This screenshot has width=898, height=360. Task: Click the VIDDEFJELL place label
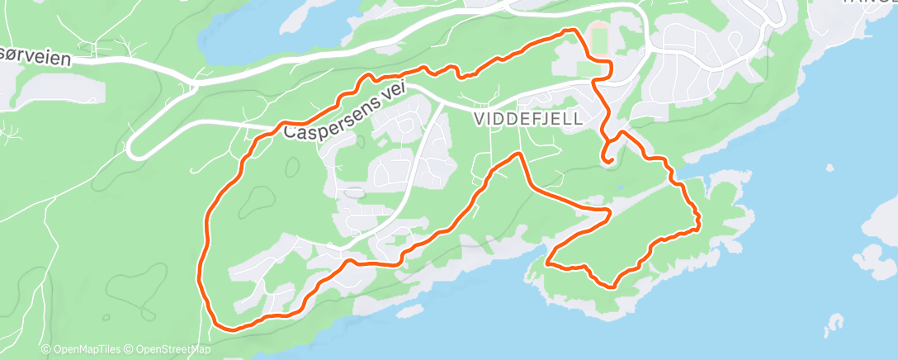pos(529,119)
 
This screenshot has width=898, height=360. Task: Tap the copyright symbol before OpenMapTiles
pos(45,350)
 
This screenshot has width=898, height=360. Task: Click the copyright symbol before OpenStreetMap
pos(130,350)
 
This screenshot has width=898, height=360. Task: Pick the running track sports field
pos(600,40)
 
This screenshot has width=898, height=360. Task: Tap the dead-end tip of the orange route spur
pos(609,163)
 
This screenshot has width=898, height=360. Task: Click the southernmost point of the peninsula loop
pos(612,287)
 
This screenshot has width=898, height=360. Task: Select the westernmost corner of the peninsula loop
pos(548,264)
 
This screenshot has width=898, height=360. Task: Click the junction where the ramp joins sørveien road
pos(195,83)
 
